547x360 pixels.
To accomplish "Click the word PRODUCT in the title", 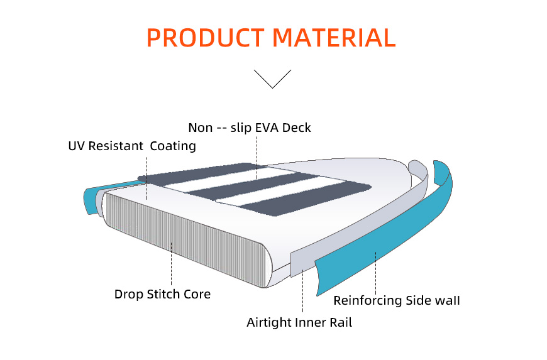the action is (205, 38).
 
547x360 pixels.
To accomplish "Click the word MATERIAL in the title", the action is (334, 38).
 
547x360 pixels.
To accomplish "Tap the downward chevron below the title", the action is (272, 79).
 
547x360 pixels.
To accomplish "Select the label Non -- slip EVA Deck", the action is (250, 128).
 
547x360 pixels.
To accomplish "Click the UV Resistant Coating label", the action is (132, 146).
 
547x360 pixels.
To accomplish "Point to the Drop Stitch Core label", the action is (162, 294).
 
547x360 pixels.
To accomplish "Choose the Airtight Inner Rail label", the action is (299, 322).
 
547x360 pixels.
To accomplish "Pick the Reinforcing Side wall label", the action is (397, 300).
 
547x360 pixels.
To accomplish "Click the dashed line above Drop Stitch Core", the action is (171, 264).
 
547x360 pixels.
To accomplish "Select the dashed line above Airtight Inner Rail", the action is (303, 291).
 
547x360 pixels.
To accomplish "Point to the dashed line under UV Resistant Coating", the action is (147, 178).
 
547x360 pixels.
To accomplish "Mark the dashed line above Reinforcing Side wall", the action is (376, 273).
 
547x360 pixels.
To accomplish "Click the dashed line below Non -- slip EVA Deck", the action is (257, 158).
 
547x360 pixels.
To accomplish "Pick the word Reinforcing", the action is (367, 301).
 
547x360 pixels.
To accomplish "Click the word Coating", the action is (173, 146).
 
